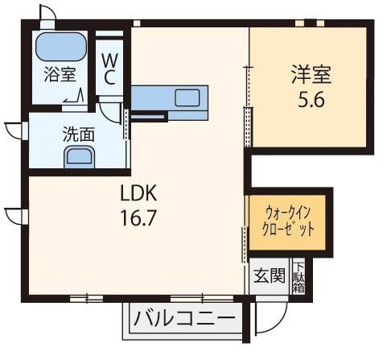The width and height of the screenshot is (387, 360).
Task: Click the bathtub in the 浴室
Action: click(61, 47)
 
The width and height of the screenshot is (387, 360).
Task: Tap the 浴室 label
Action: click(60, 74)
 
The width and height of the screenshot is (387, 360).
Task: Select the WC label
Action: click(109, 68)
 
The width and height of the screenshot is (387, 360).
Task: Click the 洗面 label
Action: click(79, 134)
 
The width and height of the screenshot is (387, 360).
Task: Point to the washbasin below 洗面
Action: click(80, 157)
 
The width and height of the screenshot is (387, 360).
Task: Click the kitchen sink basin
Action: click(187, 97)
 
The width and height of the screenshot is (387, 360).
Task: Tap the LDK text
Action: click(138, 193)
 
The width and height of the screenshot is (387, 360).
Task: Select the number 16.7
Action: click(138, 217)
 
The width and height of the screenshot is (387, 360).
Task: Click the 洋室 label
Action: click(311, 74)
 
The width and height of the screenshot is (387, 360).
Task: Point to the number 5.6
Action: click(311, 100)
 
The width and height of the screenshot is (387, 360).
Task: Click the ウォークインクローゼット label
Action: click(287, 221)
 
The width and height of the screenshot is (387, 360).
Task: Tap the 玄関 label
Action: click(270, 275)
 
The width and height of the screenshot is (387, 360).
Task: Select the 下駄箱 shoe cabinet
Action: click(298, 277)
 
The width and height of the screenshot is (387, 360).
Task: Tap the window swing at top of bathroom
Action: click(48, 12)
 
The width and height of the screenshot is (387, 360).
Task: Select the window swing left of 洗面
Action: click(14, 131)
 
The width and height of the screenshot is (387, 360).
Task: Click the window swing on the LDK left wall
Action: click(14, 216)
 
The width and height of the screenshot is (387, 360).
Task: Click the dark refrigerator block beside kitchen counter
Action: click(148, 117)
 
